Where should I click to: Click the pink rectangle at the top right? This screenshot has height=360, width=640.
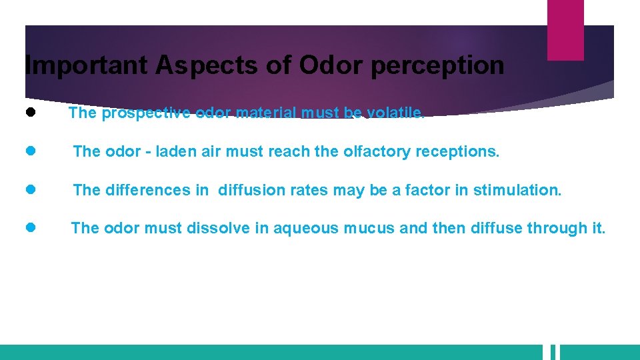(x=565, y=29)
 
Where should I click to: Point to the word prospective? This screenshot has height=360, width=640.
(x=146, y=113)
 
